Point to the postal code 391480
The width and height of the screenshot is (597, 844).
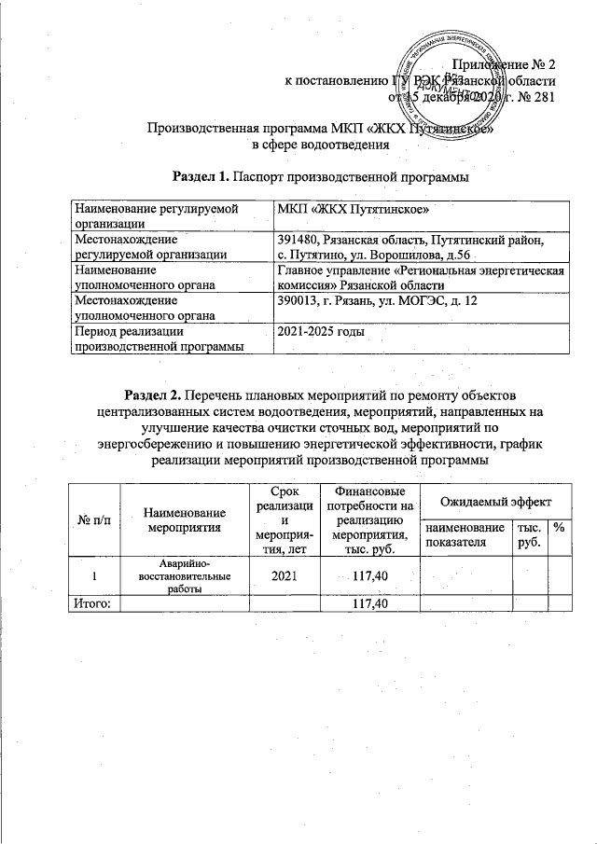click(x=300, y=240)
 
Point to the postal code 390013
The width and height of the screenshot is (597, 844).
click(x=300, y=301)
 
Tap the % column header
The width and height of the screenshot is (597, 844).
click(x=561, y=528)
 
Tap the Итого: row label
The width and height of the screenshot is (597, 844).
click(x=92, y=604)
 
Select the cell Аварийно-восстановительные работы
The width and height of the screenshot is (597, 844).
click(x=185, y=576)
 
